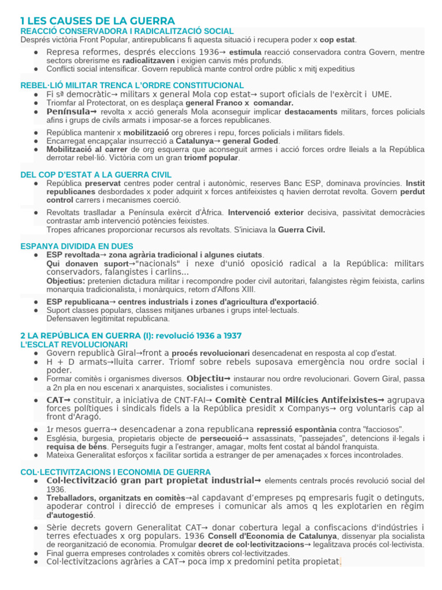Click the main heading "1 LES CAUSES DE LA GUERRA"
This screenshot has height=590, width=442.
[x=97, y=21]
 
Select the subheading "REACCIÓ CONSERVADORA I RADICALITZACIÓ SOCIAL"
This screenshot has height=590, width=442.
[x=127, y=31]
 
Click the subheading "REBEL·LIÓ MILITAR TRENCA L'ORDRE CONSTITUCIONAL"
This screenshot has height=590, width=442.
[x=132, y=85]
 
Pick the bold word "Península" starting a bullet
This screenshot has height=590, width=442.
[x=68, y=111]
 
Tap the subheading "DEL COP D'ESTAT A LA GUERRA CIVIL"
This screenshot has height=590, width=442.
[x=96, y=175]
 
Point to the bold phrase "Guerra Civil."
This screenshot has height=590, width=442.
[x=302, y=229]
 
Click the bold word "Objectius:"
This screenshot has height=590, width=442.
[x=66, y=281]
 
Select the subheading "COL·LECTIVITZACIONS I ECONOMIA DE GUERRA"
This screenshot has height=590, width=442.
[x=116, y=472]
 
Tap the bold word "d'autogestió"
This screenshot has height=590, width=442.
[x=70, y=515]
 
